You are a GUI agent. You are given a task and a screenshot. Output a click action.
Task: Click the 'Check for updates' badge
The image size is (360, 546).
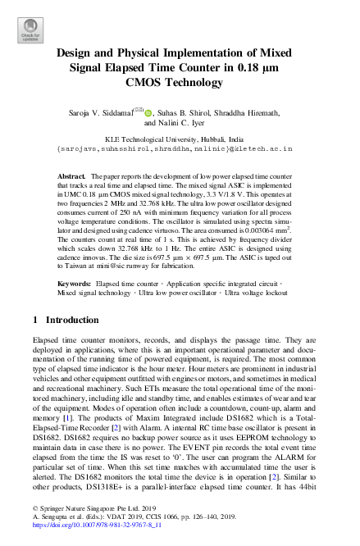click(30, 30)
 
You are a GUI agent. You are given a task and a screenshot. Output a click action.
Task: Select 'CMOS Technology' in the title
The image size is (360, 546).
click(180, 82)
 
